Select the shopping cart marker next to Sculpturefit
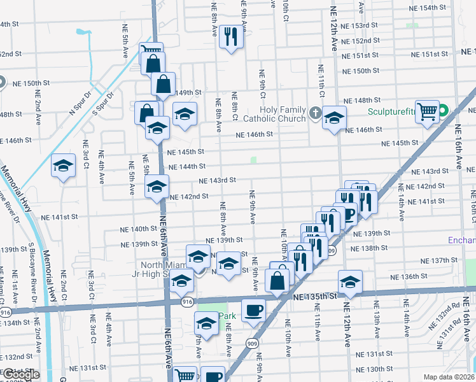428,112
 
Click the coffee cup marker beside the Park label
254,310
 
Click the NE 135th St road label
314,296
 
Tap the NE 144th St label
186,166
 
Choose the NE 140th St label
139,229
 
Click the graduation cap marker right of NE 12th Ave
349,281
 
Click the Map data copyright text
449,377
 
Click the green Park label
228,316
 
